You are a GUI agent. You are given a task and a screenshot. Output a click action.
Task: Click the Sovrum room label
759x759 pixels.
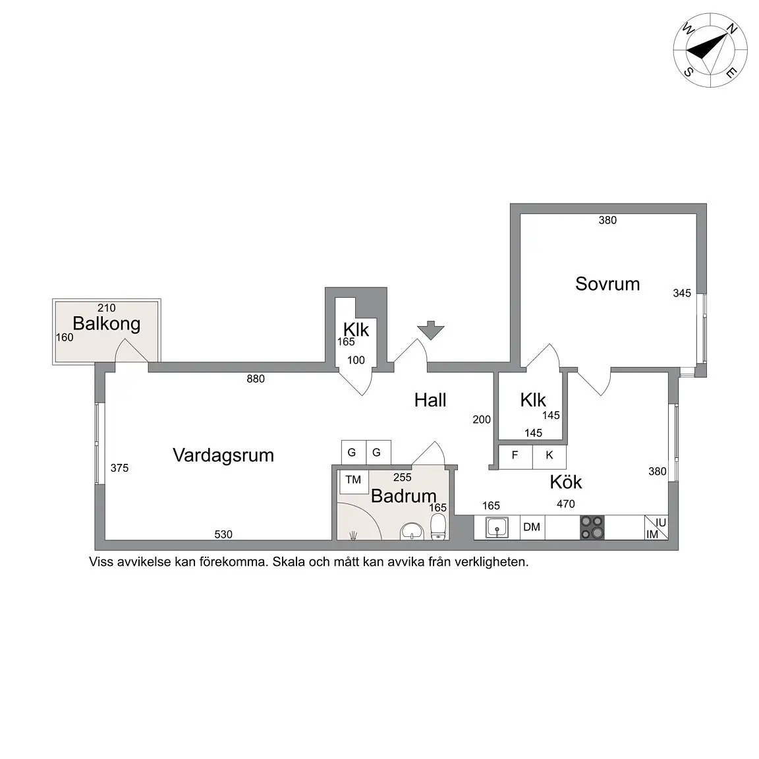(x=607, y=284)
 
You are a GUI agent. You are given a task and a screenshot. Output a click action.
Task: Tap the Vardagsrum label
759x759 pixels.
(x=223, y=455)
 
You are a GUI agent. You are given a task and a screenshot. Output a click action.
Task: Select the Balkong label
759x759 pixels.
(x=106, y=323)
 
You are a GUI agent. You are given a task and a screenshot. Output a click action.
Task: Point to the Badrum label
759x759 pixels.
(x=403, y=495)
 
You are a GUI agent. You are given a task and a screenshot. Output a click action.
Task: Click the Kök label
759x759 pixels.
(x=566, y=482)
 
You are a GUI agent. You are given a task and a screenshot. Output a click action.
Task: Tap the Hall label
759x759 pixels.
(x=430, y=400)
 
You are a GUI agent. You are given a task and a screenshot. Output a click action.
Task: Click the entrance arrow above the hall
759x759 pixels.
(x=431, y=330)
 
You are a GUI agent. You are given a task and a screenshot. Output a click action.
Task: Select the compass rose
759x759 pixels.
(x=710, y=50)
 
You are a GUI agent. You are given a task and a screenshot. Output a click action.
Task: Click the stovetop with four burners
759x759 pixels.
(x=592, y=528)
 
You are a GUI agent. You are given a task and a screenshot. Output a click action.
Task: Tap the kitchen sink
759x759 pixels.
(x=496, y=528)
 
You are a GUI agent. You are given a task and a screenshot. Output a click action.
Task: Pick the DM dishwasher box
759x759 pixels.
(x=532, y=527)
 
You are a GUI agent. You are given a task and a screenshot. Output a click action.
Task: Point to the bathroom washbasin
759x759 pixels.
(x=412, y=531)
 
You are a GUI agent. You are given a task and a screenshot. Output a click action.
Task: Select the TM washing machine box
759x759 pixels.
(x=353, y=480)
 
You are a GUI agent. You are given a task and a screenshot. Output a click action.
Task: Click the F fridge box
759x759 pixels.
(x=515, y=455)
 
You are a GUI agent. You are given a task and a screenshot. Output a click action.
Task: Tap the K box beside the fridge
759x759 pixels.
(x=549, y=455)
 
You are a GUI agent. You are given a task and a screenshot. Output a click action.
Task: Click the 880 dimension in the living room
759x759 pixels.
(x=256, y=379)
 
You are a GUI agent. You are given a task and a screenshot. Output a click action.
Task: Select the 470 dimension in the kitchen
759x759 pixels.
(x=566, y=504)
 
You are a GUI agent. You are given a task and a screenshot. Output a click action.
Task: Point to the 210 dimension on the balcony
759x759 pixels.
(x=106, y=308)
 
